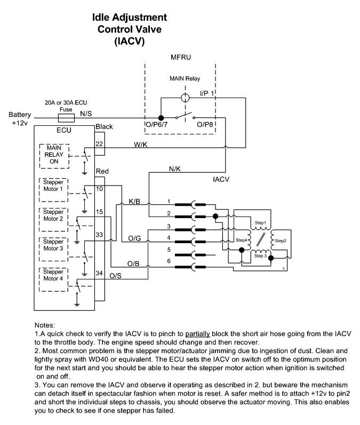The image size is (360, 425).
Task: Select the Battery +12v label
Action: coord(20,118)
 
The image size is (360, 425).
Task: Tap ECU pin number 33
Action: coord(99,235)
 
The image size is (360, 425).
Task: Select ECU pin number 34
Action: coord(99,273)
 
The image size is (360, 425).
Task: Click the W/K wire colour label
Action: coord(141,144)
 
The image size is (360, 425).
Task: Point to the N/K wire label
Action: coord(175,169)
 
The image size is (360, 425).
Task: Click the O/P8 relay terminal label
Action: coord(206,125)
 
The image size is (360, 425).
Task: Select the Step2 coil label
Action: coord(281,240)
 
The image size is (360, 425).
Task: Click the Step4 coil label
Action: coord(242,240)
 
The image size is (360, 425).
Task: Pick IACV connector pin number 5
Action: coord(169,250)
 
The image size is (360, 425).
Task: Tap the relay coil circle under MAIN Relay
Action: coord(185,98)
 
